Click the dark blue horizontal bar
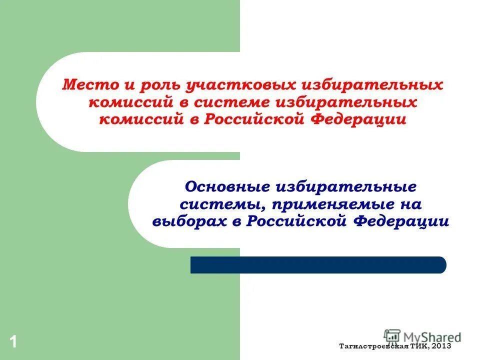(x=318, y=265)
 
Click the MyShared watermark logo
(x=422, y=336)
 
